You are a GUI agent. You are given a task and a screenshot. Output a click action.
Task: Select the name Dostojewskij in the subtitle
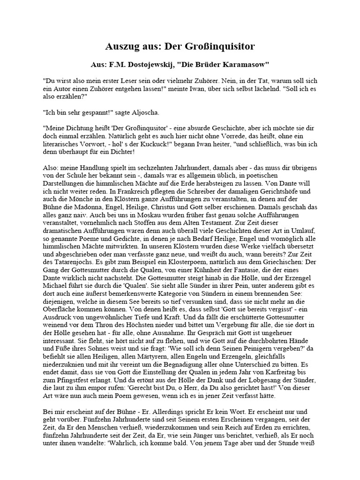pyautogui.click(x=164, y=64)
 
